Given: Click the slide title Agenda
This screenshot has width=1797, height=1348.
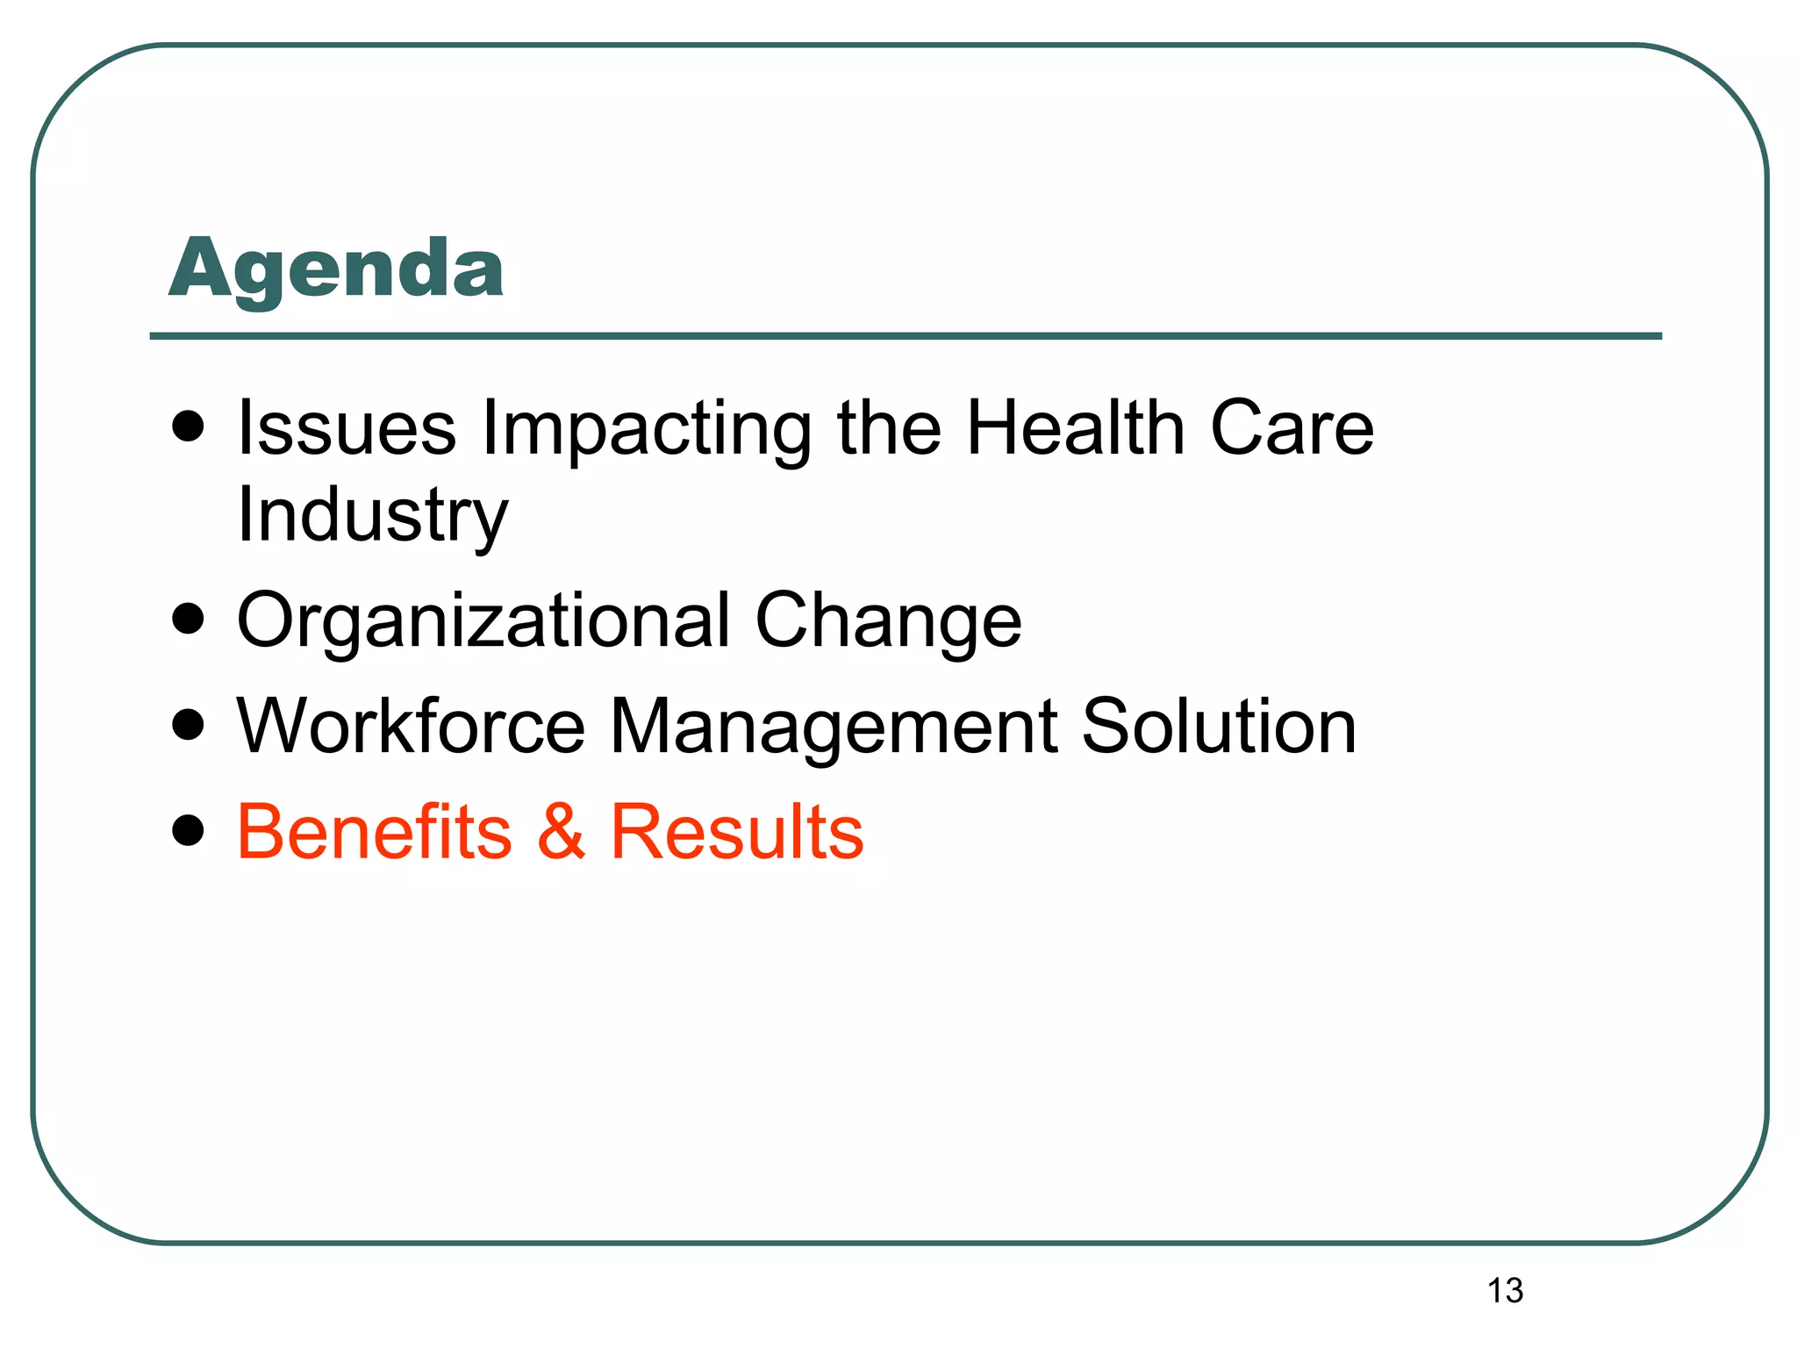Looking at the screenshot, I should click(336, 269).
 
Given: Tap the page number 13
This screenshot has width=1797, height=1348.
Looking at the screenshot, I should click(1505, 1291).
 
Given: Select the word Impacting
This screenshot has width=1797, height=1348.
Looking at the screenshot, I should click(647, 430).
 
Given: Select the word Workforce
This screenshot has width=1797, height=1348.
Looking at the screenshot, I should click(411, 727).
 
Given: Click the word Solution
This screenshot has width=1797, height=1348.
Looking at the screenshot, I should click(1219, 727).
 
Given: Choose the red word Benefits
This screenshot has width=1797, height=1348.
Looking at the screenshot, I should click(375, 832).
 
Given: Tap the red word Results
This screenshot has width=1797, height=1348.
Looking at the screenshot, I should click(737, 832).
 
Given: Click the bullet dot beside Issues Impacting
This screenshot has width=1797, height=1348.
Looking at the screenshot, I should click(189, 427).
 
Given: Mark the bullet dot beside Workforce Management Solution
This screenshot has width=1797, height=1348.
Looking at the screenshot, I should click(189, 725).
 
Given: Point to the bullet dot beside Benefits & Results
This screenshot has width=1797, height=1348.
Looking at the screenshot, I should click(189, 829).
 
